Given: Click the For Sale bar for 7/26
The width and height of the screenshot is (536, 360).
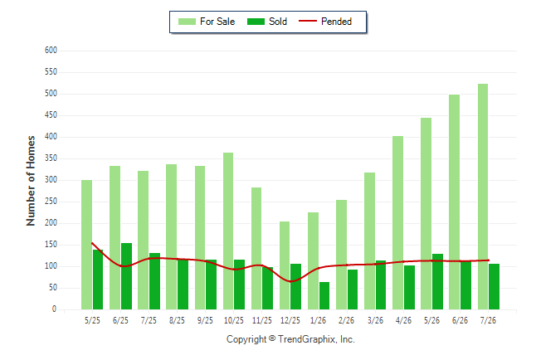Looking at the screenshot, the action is (483, 197).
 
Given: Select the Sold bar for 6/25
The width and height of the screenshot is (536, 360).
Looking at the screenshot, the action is (126, 276).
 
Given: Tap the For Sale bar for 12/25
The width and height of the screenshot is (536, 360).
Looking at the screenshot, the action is (285, 265).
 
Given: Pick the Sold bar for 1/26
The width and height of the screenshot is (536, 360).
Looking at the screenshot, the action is (324, 296).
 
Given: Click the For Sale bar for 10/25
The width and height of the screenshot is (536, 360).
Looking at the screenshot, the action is (228, 231).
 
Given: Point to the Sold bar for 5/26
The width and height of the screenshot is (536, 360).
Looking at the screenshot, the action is (437, 282).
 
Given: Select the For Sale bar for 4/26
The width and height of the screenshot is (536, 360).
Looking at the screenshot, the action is (397, 222).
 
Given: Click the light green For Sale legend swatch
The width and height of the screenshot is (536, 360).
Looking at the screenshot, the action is (187, 22).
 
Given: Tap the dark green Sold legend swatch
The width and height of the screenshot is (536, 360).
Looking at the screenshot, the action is (256, 22).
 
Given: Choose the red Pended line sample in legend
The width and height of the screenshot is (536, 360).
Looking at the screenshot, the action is (308, 22).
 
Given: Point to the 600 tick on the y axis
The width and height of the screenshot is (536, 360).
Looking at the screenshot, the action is (51, 51).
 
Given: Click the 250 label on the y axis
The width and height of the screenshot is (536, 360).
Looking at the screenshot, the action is (51, 202).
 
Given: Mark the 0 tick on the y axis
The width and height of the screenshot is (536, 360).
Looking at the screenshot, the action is (54, 309).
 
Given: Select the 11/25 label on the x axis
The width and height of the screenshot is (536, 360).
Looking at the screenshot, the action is (262, 320).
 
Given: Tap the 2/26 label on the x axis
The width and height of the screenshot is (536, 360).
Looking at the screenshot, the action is (346, 320).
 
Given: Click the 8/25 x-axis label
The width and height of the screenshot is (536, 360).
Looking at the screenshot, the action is (177, 320).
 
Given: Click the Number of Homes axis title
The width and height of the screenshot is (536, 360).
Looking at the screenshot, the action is (31, 181).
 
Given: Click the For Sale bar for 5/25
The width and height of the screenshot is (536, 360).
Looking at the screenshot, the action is (86, 245).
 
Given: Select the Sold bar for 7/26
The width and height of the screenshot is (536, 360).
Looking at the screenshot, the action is (494, 286).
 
